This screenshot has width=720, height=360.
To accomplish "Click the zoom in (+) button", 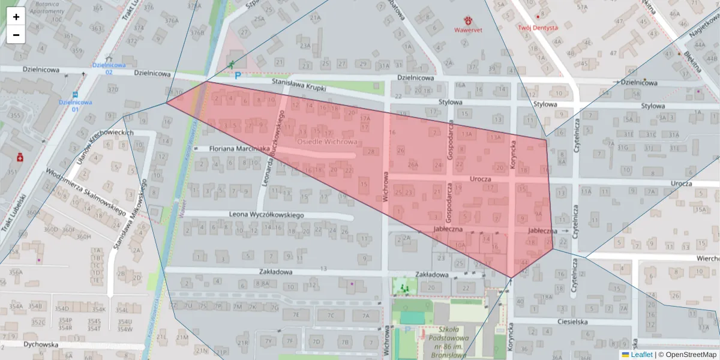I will (x=16, y=17).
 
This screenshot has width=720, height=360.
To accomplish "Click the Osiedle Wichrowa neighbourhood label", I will (x=327, y=142).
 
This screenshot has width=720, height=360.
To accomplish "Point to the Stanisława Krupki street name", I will (x=298, y=85).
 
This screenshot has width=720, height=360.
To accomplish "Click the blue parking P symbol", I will (x=238, y=76).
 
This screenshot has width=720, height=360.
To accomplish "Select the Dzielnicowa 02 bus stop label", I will (x=109, y=68).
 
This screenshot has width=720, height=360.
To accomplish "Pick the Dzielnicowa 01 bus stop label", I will (x=75, y=106).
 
